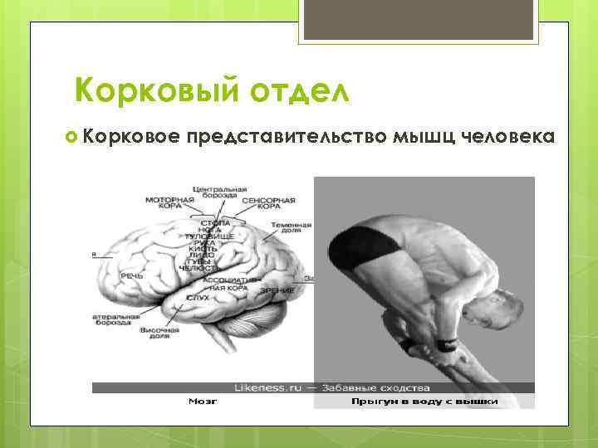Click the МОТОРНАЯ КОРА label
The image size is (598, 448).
[x=169, y=204]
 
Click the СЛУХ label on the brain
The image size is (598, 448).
[x=198, y=296]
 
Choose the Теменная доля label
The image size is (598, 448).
[x=295, y=228]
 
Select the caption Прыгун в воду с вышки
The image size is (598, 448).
[x=424, y=402]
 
